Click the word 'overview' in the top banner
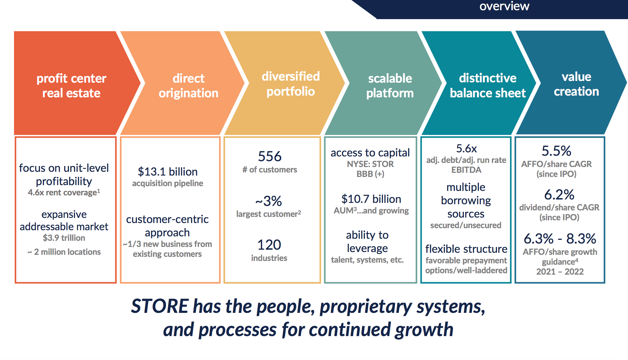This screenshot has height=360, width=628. coord(504,6)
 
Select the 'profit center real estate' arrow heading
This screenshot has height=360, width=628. coord(71,86)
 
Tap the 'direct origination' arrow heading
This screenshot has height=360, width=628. coord(188,86)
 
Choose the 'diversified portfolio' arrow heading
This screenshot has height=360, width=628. coord(291,84)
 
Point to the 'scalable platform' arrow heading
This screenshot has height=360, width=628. coord(390,86)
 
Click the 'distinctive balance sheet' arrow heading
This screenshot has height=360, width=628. coord(488,86)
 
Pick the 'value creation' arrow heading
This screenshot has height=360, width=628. coord(576,84)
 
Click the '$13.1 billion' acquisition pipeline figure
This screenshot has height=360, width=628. coord(168,171)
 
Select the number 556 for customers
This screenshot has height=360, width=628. coord(270,156)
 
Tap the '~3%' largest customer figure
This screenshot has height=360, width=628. coord(269,201)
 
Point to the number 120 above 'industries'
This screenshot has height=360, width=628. coord(269,245)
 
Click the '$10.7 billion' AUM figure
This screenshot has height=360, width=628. coord(371,199)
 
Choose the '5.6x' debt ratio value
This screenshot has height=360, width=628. coord(467,149)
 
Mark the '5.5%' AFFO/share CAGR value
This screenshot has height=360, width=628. coord(556,151)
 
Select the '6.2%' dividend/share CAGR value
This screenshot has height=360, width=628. coord(559,195)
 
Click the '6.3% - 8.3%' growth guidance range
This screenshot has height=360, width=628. coord(560,239)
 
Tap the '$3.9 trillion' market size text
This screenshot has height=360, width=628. coord(64,238)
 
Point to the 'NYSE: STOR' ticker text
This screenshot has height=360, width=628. coord(370,164)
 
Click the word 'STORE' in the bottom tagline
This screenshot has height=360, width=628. coord(160,306)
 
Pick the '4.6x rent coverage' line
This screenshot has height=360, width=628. coord(64,192)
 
